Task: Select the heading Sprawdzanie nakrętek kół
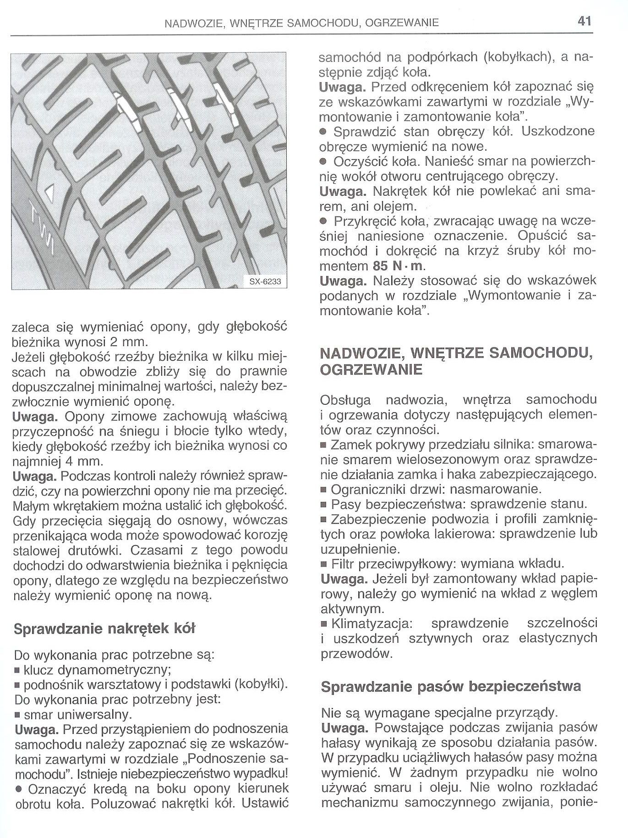pos(104,628)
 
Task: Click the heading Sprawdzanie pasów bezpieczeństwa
pos(451,686)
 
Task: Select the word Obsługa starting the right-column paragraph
pos(345,400)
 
